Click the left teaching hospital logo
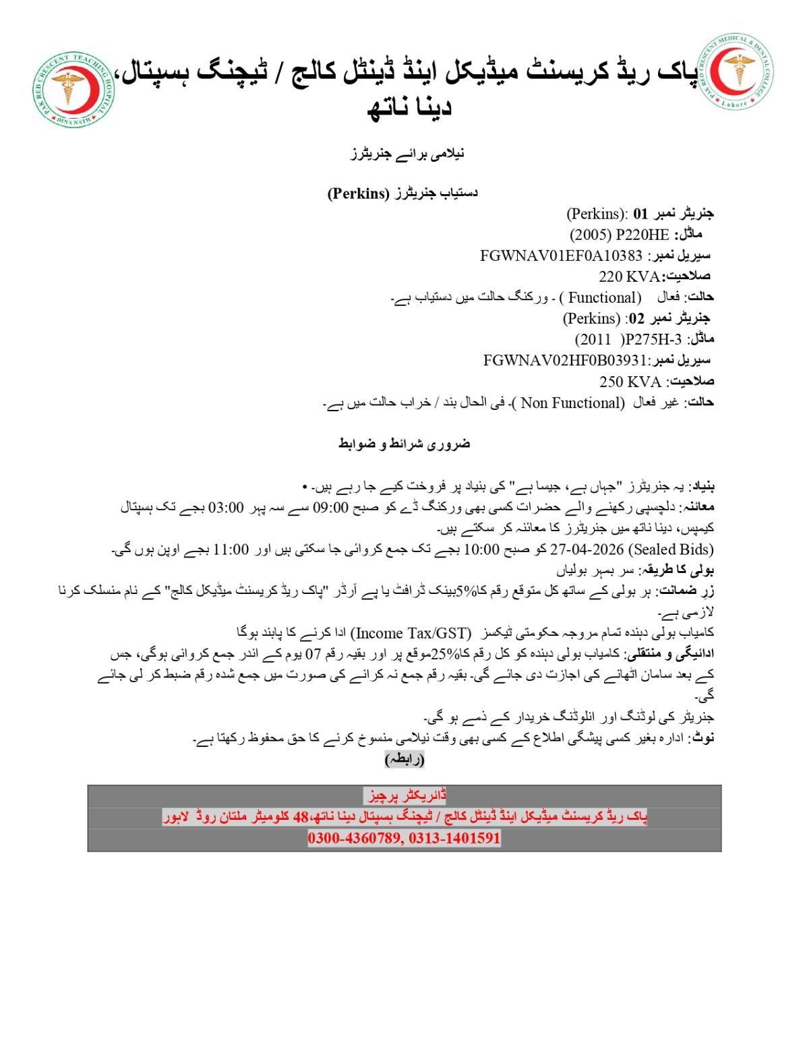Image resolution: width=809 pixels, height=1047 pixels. [x=73, y=89]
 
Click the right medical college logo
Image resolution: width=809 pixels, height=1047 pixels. [x=735, y=71]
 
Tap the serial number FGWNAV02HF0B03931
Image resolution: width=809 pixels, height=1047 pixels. [x=565, y=361]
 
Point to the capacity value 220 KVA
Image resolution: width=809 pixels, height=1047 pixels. [x=629, y=276]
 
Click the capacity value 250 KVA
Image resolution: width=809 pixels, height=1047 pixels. [x=630, y=382]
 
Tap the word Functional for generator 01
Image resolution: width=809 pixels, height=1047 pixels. [x=604, y=297]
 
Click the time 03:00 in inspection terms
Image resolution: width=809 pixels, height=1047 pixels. [x=226, y=508]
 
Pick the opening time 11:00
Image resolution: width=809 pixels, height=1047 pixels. [x=231, y=549]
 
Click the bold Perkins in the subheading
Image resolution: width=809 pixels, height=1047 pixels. [x=359, y=193]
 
